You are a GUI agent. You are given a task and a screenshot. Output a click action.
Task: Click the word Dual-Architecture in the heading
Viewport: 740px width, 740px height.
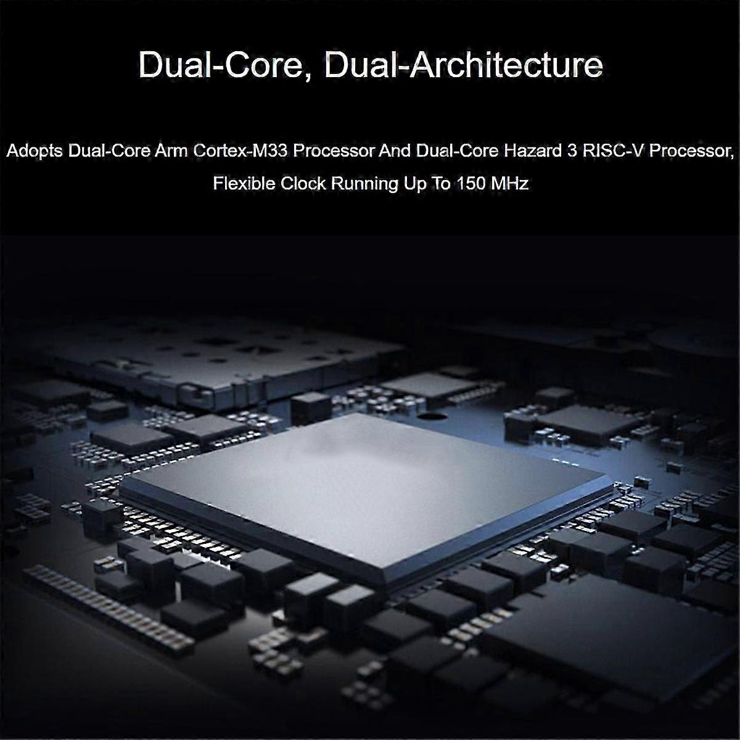pos(463,66)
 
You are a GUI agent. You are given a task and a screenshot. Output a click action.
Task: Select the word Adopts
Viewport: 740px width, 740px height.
pos(34,152)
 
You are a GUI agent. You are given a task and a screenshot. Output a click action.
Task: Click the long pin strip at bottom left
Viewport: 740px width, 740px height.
pos(109,607)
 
